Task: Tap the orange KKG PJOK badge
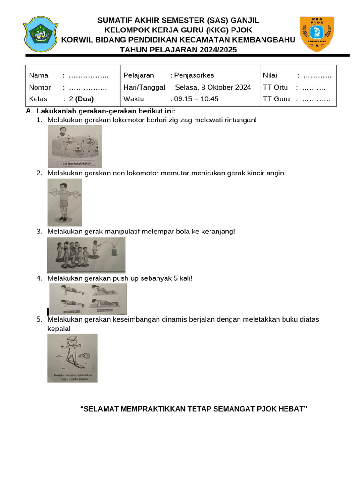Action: (316, 34)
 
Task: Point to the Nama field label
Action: (39, 75)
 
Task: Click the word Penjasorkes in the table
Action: (194, 75)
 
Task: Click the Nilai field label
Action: (270, 75)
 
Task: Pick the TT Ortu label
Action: (275, 87)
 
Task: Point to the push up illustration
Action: (88, 299)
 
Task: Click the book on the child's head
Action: (71, 340)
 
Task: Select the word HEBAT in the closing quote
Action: (293, 409)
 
